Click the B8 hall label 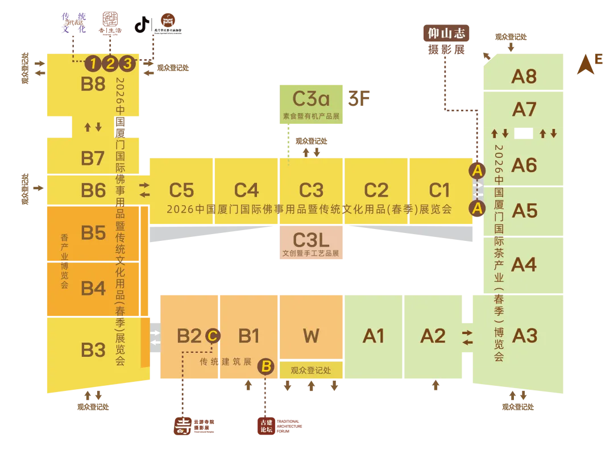(x=93, y=84)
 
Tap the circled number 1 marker (x=93, y=63)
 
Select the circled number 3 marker (x=128, y=63)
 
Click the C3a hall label (x=311, y=99)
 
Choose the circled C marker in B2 (x=212, y=336)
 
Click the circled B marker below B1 (x=265, y=366)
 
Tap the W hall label (x=311, y=336)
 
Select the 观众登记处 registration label (x=311, y=370)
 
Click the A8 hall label (x=524, y=76)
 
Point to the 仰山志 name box (x=446, y=34)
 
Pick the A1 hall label (x=374, y=336)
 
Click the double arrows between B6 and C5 (x=144, y=190)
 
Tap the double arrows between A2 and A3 (x=467, y=337)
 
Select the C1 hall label (x=439, y=190)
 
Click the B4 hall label (x=93, y=288)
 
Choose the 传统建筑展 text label (x=225, y=361)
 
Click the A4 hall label (x=524, y=264)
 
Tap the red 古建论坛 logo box (x=265, y=426)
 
